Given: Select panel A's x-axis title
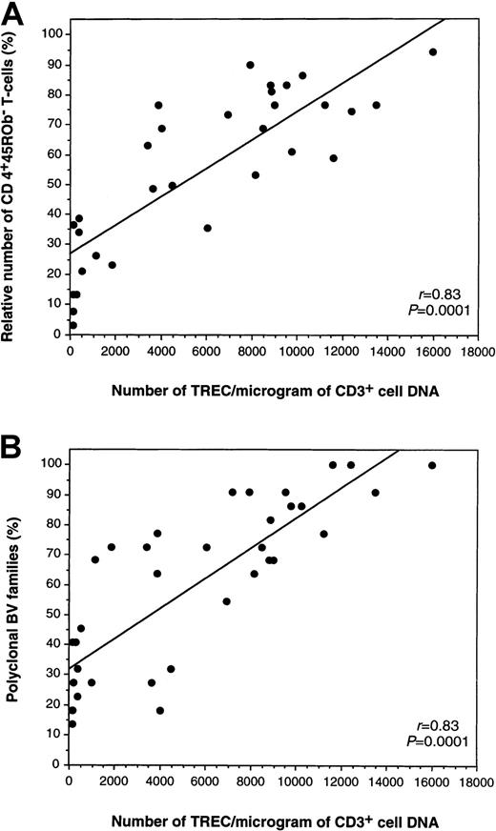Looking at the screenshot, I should click(262, 385).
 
